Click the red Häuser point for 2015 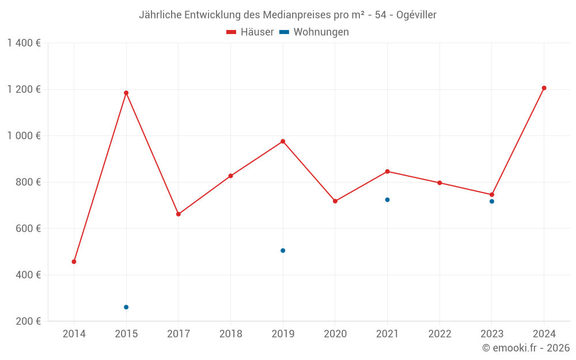(x=126, y=93)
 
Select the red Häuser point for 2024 (x=544, y=88)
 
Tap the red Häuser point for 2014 (x=74, y=262)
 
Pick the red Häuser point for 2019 (x=283, y=141)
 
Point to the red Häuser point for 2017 (x=179, y=214)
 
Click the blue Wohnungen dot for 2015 (x=126, y=307)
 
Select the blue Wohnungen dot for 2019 (x=283, y=251)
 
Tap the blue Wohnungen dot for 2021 (x=387, y=200)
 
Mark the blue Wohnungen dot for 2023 (x=492, y=202)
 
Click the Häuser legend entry (x=251, y=32)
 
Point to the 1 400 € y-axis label (x=24, y=43)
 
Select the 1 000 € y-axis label (x=24, y=136)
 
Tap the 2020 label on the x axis (x=335, y=334)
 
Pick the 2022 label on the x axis (x=439, y=334)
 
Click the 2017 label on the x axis (x=179, y=334)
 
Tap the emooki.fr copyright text (x=526, y=348)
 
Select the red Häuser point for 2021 (x=387, y=171)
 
